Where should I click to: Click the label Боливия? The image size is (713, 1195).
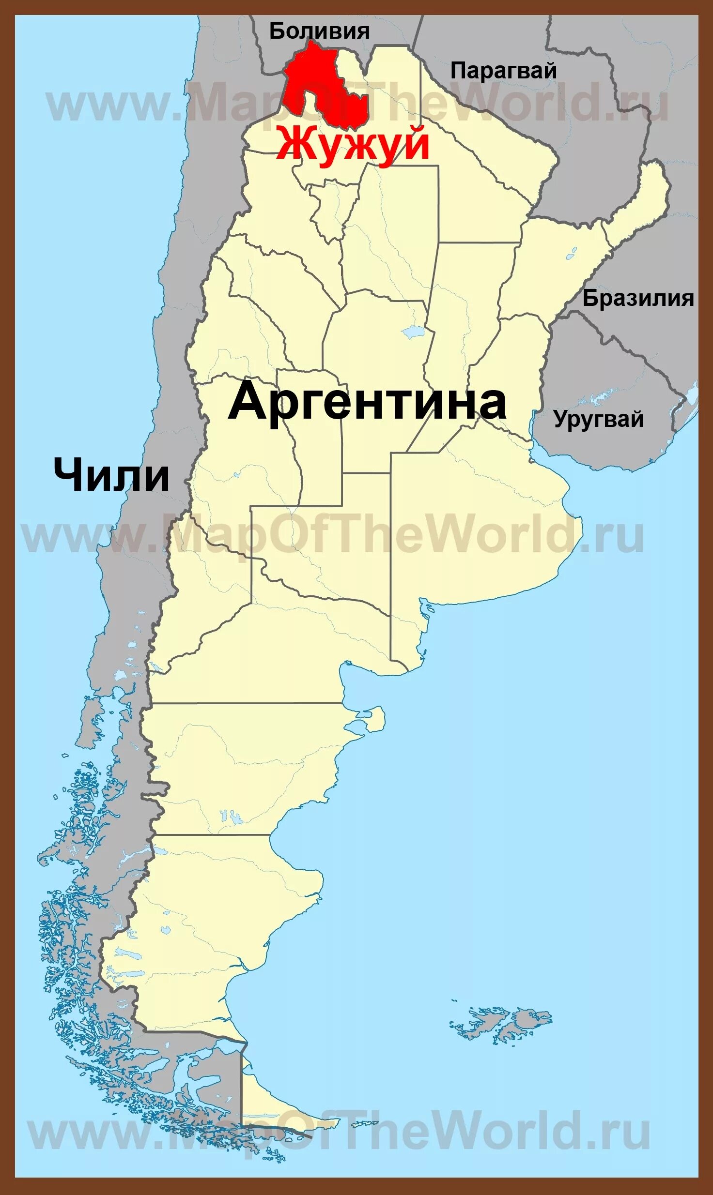(319, 31)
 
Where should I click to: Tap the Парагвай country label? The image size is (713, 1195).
(503, 71)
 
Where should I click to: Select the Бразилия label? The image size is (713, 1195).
(638, 298)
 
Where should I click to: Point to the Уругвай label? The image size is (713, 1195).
(599, 419)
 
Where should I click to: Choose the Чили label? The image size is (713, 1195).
(111, 475)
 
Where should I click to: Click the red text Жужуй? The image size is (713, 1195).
(353, 144)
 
